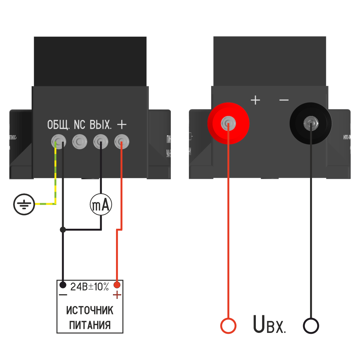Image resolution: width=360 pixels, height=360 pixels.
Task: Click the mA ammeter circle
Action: [x=101, y=205]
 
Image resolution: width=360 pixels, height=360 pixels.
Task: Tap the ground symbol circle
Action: [x=24, y=204]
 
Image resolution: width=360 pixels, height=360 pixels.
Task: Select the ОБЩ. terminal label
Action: [x=58, y=125]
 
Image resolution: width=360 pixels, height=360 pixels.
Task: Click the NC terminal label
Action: [x=79, y=125]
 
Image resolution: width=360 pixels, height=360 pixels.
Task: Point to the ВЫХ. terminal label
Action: [x=101, y=125]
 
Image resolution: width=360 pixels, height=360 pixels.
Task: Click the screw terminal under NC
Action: [x=79, y=142]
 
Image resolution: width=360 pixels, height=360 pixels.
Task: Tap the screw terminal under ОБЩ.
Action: [x=58, y=142]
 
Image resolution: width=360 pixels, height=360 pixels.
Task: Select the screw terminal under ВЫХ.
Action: [x=101, y=142]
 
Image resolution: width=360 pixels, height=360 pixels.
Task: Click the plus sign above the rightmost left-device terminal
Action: [x=122, y=124]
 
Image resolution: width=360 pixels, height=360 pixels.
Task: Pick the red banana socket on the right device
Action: [x=228, y=123]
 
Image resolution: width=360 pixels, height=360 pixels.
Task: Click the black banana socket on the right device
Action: [x=310, y=123]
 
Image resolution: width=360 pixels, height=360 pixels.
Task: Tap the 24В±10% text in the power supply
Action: [x=90, y=287]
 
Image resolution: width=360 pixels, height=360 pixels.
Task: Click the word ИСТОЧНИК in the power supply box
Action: [x=90, y=310]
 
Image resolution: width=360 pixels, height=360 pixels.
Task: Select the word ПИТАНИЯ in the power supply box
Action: [x=90, y=325]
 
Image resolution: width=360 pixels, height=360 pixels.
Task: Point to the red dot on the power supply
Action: [x=117, y=285]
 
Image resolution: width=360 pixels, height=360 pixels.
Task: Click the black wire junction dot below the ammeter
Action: [x=63, y=229]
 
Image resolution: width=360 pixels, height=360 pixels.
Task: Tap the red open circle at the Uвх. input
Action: [x=228, y=326]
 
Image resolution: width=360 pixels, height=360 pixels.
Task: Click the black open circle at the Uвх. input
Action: [x=311, y=326]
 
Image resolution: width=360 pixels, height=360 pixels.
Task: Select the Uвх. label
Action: [x=269, y=324]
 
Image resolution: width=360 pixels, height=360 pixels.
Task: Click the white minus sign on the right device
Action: [x=284, y=100]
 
